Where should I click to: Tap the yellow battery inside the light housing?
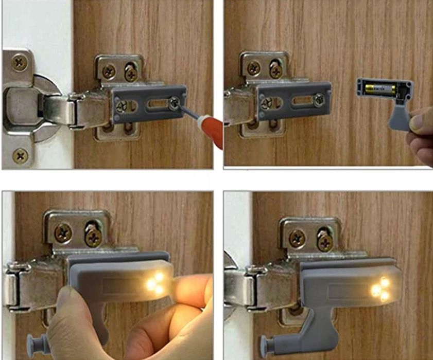pos(380,89)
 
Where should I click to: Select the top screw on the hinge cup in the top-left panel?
pos(20,63)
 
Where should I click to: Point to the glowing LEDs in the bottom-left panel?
pos(155,283)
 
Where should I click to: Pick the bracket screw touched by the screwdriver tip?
pos(175,103)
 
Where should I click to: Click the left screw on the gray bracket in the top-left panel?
pos(122,106)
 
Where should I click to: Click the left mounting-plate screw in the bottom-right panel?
pos(297,238)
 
